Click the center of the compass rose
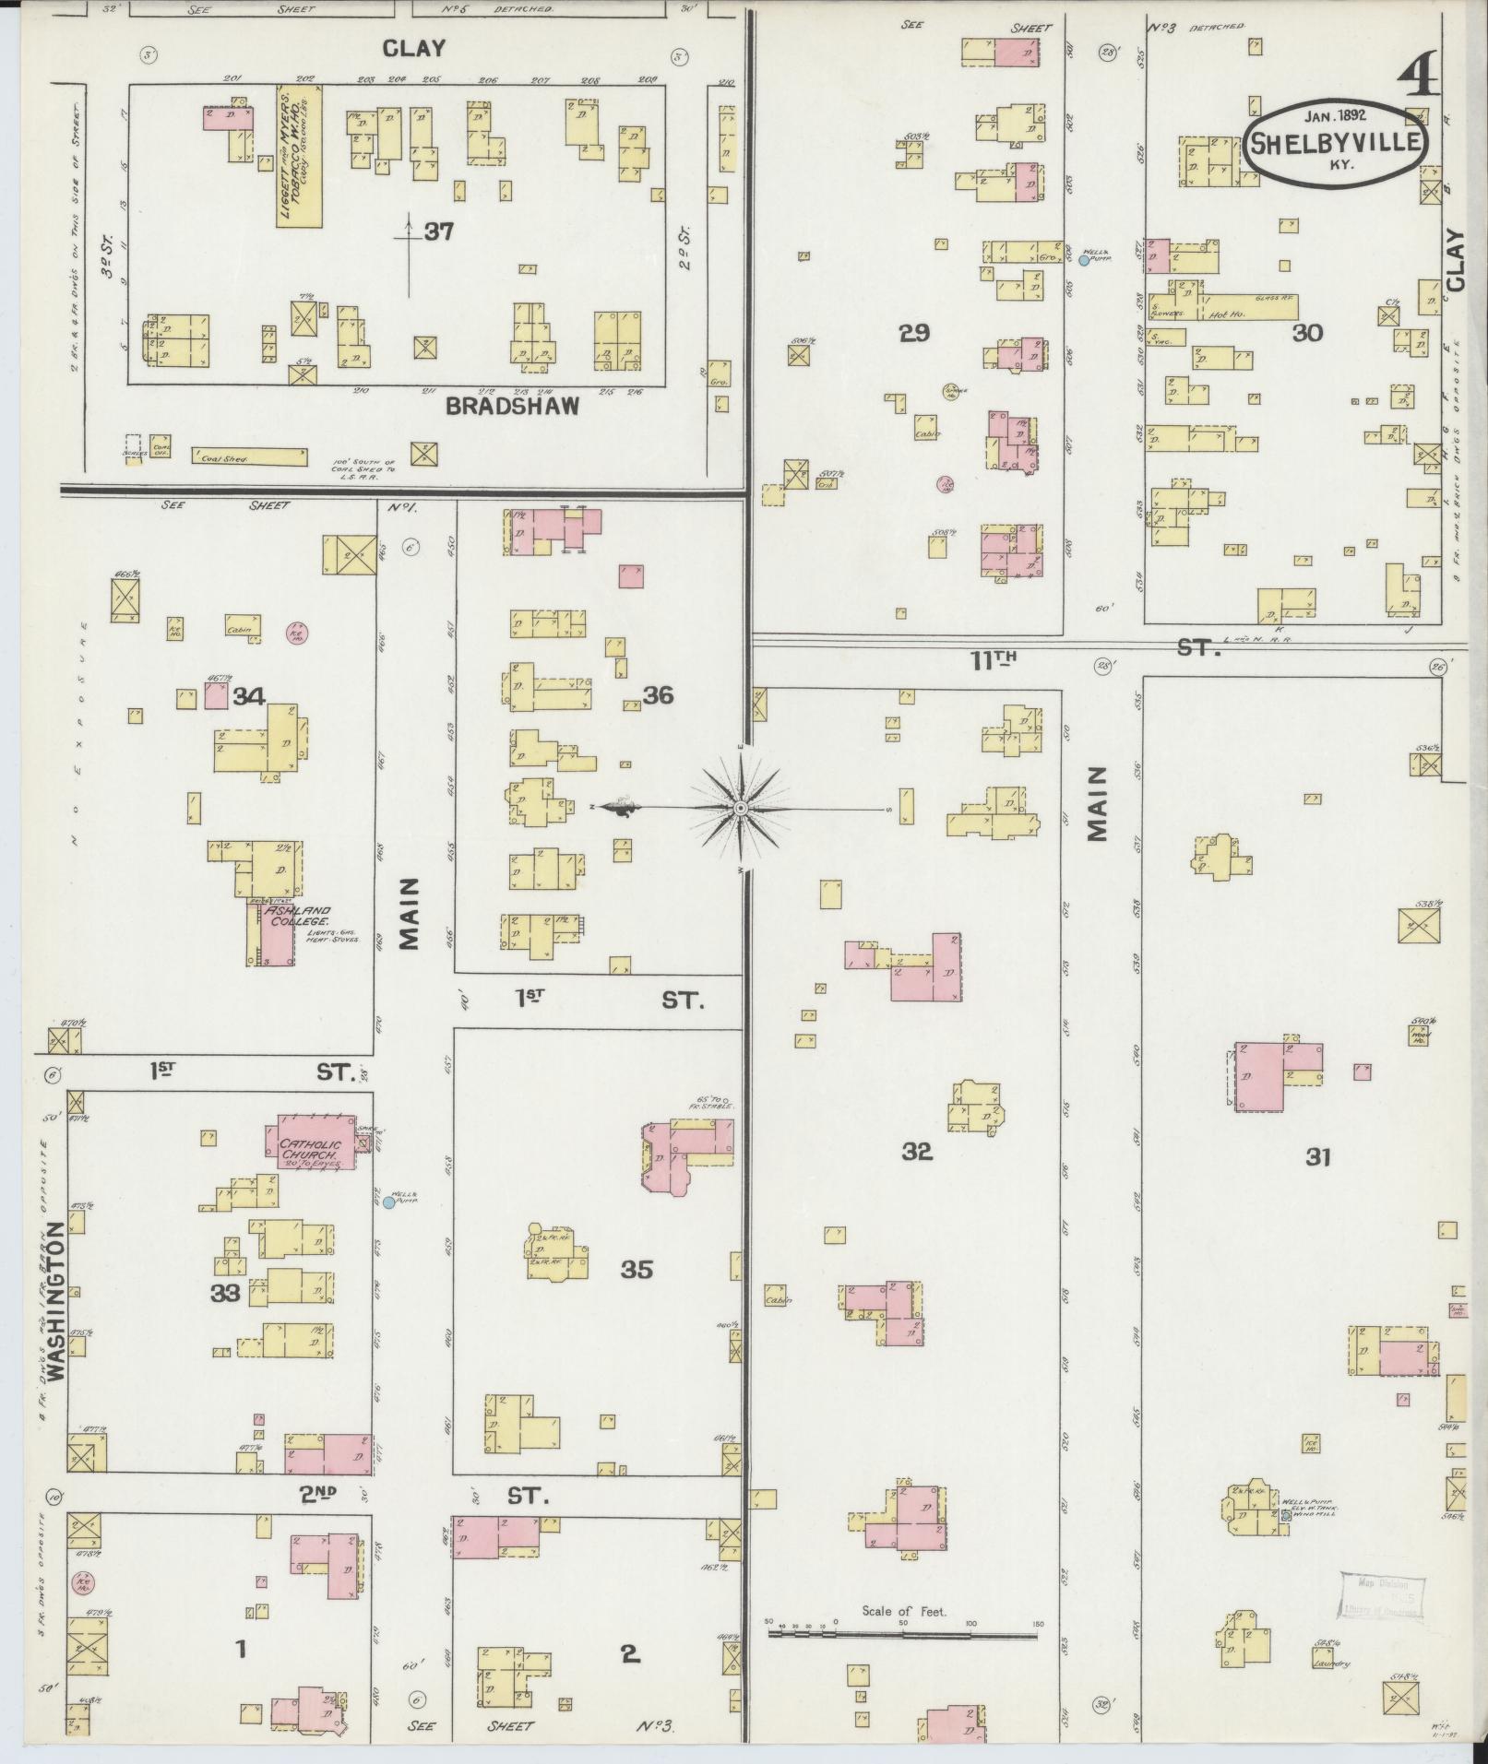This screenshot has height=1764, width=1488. point(740,808)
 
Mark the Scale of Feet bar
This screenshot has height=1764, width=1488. point(901,1634)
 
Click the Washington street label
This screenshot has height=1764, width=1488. point(55,1301)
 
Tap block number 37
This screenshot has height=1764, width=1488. point(439,232)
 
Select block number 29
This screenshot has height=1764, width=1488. point(914,333)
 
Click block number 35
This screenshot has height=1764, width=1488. point(637,1270)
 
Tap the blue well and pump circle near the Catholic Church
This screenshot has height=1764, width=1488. point(388,1202)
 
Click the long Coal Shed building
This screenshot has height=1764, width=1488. point(249,456)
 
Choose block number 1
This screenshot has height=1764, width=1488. point(241,1648)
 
